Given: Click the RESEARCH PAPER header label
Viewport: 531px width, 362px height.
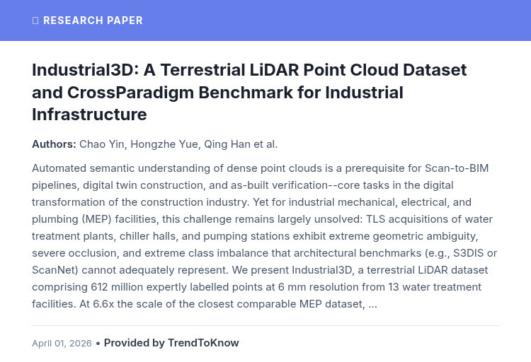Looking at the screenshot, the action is (x=93, y=21).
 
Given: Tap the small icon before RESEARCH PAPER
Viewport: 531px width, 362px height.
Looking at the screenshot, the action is (x=35, y=21).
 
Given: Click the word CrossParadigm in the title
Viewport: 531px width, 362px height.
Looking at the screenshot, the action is (x=130, y=93).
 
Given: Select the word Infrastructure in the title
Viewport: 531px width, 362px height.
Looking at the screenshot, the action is (x=89, y=114).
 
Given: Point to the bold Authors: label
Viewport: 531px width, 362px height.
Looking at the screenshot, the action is (x=55, y=144).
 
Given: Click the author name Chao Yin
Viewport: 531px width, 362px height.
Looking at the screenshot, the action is (x=101, y=144).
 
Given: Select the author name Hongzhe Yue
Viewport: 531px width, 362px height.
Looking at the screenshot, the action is (x=164, y=144).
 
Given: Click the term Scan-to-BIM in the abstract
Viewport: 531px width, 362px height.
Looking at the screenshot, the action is (x=457, y=168).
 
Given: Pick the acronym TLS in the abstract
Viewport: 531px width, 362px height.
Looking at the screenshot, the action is (x=375, y=219).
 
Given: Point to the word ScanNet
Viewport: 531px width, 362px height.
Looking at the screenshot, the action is (x=54, y=270).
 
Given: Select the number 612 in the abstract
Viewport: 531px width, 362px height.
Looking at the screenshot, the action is (x=99, y=287).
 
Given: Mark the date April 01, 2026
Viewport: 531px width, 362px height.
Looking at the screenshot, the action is (x=62, y=344).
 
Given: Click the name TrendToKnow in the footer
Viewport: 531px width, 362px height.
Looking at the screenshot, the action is (x=203, y=343).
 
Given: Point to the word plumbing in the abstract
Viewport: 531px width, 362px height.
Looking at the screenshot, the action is (x=55, y=219).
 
